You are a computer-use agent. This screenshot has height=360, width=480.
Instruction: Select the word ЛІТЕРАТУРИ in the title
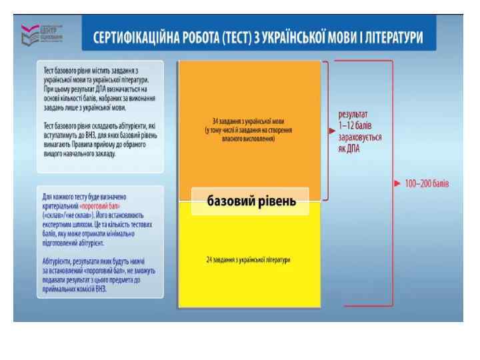[x=391, y=37]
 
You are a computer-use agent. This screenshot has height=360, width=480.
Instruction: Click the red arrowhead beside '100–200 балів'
[x=398, y=183]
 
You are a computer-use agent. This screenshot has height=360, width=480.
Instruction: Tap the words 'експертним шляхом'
[x=65, y=225]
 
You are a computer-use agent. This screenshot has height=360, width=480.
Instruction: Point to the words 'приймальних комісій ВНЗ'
[x=74, y=289]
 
